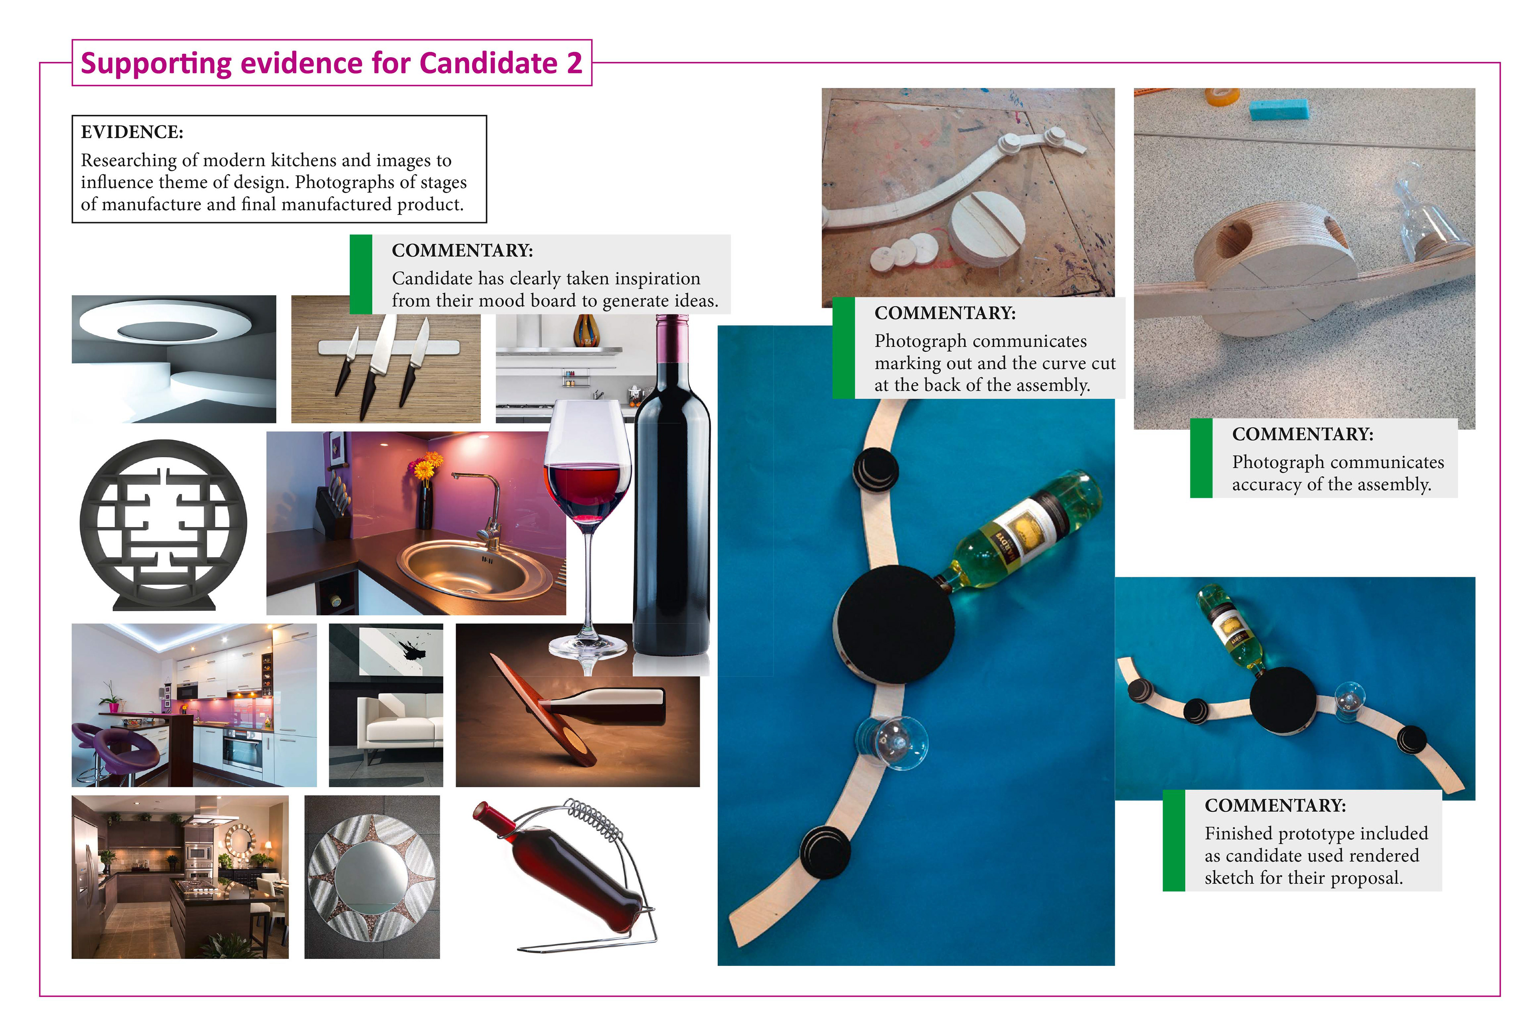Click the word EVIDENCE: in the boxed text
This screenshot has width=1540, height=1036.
pyautogui.click(x=132, y=132)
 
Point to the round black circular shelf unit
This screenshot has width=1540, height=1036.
pyautogui.click(x=163, y=524)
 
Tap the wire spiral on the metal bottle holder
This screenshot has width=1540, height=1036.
pyautogui.click(x=596, y=820)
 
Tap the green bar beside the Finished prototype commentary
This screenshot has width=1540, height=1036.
pyautogui.click(x=1173, y=840)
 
